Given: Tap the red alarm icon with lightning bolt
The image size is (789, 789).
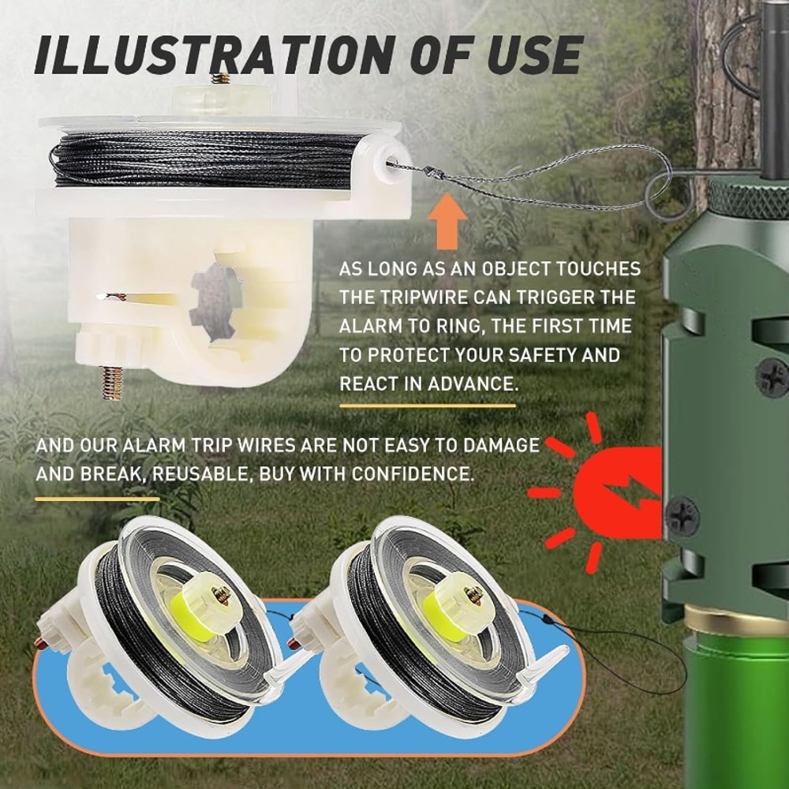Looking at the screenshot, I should [615, 492].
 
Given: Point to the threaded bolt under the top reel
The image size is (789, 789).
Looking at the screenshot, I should [113, 383].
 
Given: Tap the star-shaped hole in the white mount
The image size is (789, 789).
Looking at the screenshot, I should [215, 302].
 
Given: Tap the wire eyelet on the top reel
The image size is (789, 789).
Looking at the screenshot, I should [391, 164].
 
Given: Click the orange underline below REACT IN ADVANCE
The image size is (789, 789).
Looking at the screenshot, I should [427, 406].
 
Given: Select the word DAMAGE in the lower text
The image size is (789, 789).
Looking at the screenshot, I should [500, 446].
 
